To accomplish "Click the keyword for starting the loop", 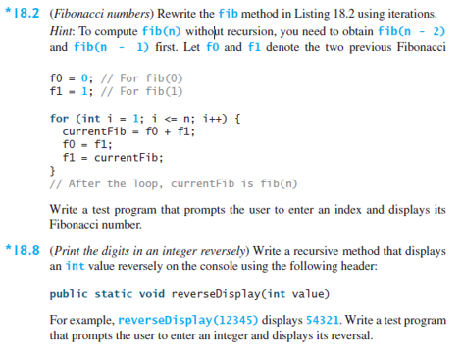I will coord(59,118).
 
